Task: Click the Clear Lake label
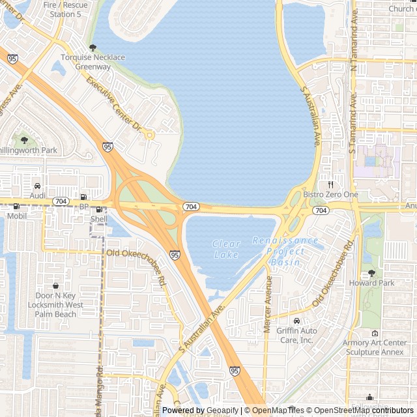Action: point(226,250)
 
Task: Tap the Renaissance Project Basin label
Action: point(285,252)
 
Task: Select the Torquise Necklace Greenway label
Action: point(93,62)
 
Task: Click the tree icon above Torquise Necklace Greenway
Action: point(93,48)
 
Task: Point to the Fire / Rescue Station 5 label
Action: point(66,9)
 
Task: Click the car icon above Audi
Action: point(37,186)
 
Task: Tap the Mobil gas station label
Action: point(17,216)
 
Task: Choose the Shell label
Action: point(99,220)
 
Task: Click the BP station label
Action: point(83,207)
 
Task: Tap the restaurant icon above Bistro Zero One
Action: point(330,184)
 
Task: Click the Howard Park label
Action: point(372,283)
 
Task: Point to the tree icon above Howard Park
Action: point(371,273)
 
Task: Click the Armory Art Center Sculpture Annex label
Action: point(375,347)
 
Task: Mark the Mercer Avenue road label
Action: point(268,304)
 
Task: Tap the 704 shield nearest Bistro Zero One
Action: point(320,210)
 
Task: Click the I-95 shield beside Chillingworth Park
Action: point(108,147)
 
